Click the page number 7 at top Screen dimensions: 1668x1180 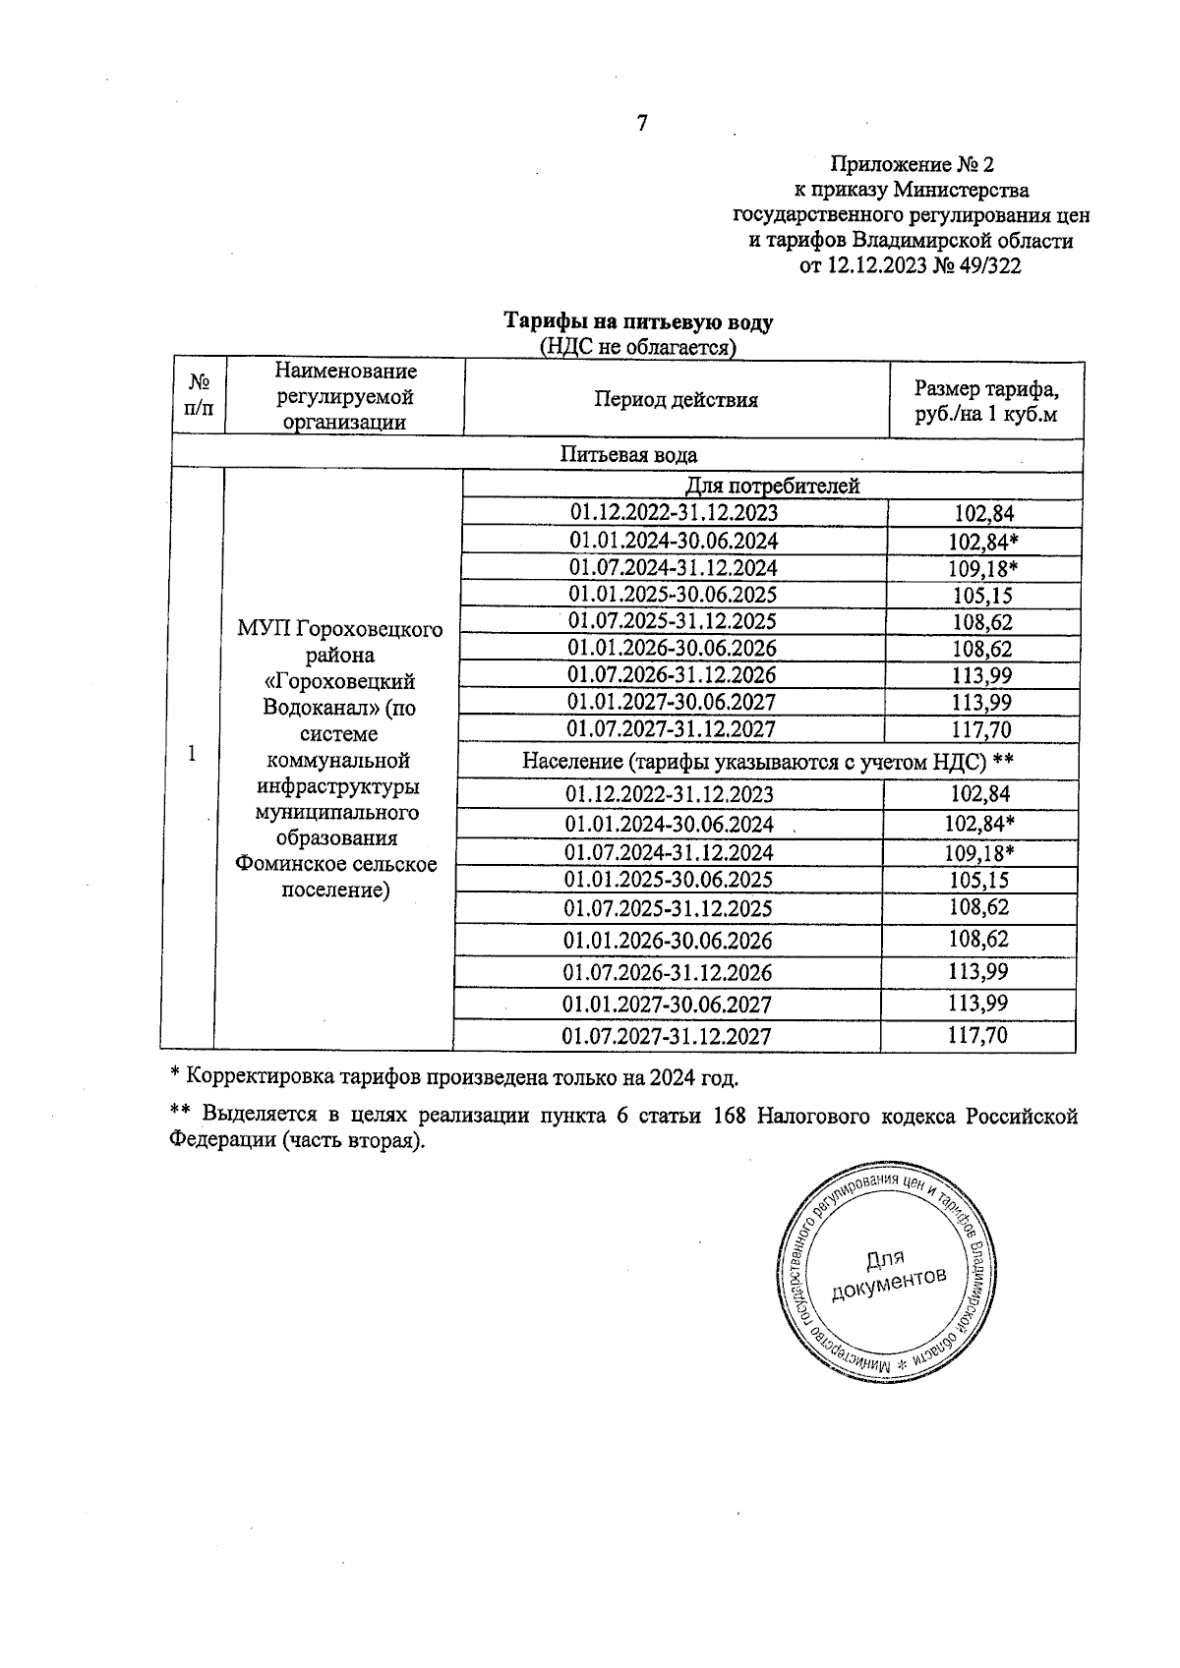pos(641,124)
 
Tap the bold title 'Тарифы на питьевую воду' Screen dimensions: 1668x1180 pos(638,322)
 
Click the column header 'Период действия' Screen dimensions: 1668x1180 pos(676,399)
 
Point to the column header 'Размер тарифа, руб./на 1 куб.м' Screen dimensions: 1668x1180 pos(985,400)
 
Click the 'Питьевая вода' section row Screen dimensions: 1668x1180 pos(628,454)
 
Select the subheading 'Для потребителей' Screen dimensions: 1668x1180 pos(772,486)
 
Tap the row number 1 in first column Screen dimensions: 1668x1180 pos(192,753)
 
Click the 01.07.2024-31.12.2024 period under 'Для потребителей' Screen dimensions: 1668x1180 pos(674,568)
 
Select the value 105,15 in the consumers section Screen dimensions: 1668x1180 pos(982,596)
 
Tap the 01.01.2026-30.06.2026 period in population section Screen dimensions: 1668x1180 pos(668,941)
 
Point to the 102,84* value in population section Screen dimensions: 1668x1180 pos(982,823)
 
